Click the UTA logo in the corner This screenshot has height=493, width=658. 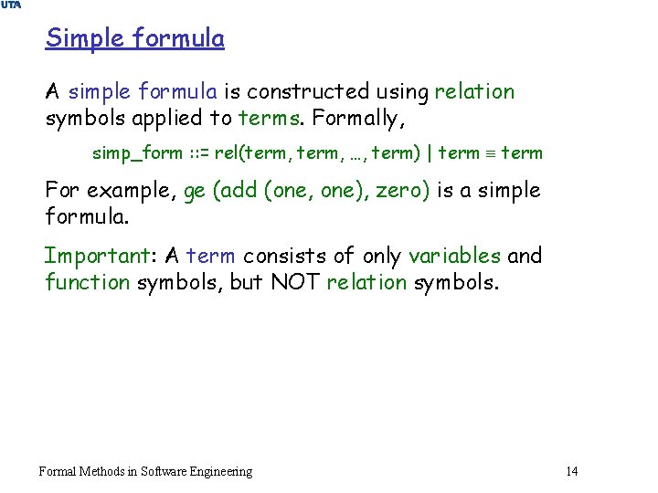click(11, 5)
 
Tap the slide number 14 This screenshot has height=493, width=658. click(572, 471)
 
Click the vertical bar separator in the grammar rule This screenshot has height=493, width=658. click(429, 153)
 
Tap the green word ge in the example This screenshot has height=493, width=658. click(195, 192)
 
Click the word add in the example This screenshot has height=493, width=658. click(235, 191)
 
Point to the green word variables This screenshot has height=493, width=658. click(454, 256)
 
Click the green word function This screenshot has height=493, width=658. click(88, 282)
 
